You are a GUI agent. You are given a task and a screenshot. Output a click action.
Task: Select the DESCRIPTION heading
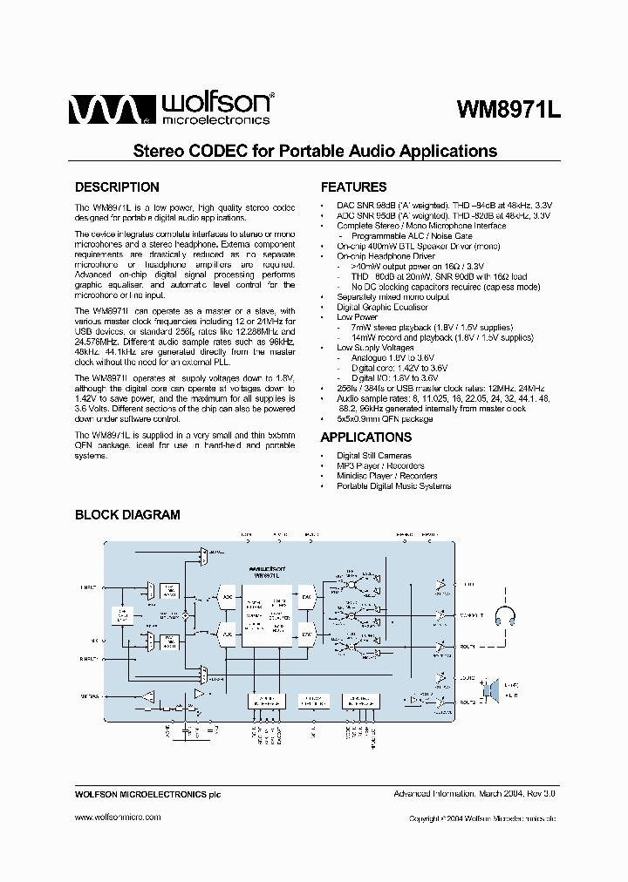[117, 187]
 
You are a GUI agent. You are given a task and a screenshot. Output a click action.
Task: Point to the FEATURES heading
[353, 187]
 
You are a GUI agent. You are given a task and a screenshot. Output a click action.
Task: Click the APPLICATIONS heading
[365, 437]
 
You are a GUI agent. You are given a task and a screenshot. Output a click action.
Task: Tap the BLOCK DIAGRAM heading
[127, 514]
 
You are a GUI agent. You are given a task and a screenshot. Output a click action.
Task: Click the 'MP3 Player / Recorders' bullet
[380, 465]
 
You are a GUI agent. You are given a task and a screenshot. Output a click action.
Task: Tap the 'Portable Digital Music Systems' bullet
[393, 485]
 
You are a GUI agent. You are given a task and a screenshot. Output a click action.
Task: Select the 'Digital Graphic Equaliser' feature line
[382, 307]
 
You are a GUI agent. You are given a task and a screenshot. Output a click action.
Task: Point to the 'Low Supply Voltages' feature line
[375, 347]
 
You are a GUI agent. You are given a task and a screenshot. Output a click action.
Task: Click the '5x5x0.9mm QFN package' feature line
[385, 418]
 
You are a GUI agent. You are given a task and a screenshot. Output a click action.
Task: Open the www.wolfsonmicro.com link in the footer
[118, 817]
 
